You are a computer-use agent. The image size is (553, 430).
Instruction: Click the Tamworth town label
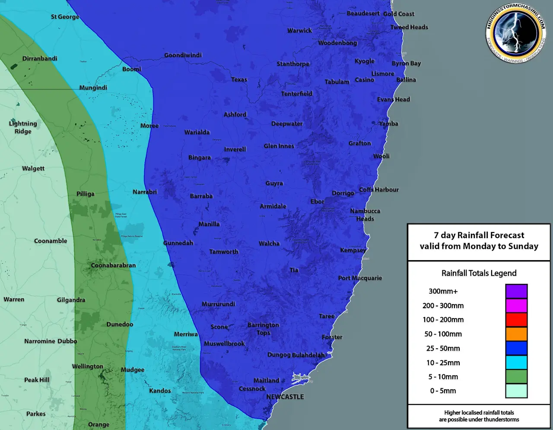pos(224,252)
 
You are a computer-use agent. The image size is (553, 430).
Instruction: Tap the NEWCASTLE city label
pos(285,397)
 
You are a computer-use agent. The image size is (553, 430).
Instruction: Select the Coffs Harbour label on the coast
pos(379,189)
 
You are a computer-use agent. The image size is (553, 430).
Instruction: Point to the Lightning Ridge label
pos(23,127)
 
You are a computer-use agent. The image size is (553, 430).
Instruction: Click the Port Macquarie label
pos(360,278)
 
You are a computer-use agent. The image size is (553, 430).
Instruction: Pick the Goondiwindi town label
pos(183,55)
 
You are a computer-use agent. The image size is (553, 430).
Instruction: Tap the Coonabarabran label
pos(113,265)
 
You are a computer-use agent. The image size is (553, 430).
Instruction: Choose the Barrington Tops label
pos(263,328)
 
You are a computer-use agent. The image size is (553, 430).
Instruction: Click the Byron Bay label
pos(406,63)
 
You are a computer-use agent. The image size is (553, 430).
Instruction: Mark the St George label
pos(65,17)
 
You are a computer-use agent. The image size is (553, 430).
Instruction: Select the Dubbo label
pos(67,341)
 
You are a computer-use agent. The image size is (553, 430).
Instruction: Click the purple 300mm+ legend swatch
pos(516,291)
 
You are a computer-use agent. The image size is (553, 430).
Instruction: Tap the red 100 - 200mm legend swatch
pos(516,320)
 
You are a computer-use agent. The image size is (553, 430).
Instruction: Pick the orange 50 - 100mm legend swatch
pos(516,334)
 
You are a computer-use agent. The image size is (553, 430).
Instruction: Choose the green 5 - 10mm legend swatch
pos(516,376)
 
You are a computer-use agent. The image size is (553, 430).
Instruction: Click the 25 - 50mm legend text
pos(443,348)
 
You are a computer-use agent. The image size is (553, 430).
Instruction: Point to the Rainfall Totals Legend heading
pos(479,273)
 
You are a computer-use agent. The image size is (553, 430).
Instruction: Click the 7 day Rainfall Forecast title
pos(479,241)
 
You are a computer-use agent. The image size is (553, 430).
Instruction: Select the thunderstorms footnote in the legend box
pos(479,416)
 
